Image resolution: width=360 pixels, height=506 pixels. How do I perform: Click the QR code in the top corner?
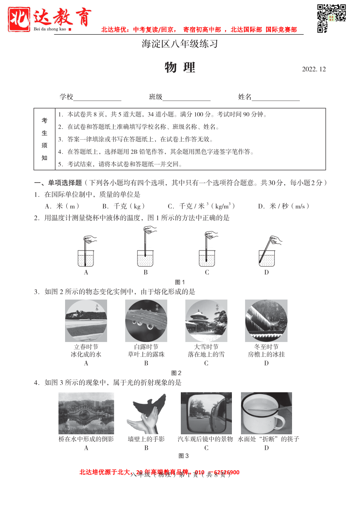pos(331,18)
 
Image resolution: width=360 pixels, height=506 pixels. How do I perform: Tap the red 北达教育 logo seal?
pos(19,19)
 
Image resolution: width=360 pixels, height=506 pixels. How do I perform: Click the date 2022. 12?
pos(313,69)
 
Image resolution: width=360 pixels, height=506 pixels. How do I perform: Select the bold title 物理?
pos(180,68)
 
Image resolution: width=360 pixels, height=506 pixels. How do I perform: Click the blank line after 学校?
pos(97,98)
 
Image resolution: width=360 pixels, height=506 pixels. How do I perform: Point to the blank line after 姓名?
pos(276,98)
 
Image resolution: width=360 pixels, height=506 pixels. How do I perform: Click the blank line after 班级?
pos(187,98)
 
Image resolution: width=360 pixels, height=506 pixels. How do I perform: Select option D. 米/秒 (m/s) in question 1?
pos(284,206)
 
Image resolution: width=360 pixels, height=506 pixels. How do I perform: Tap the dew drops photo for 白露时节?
pos(146,321)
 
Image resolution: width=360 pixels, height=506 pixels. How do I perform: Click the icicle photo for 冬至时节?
pos(266,321)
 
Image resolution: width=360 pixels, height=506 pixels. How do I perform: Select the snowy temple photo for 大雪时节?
pos(206,321)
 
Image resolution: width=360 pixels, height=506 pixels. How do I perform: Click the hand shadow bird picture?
pos(146,413)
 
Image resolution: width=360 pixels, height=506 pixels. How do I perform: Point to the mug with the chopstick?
pos(266,413)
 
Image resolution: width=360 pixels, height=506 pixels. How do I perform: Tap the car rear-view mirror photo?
pos(206,413)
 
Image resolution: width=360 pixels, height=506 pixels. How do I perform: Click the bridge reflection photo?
pos(86,413)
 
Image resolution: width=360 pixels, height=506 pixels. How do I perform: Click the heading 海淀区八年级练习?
pos(180,44)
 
